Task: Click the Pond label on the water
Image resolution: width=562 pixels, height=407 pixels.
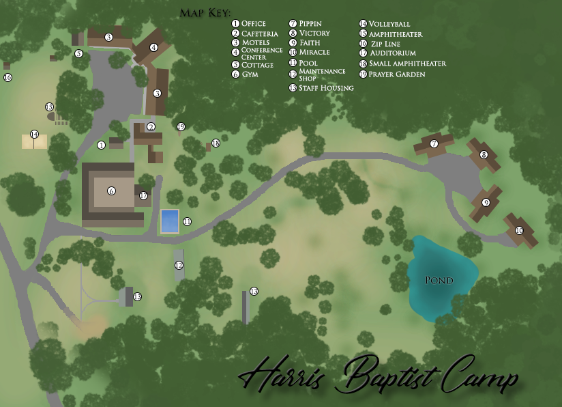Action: tap(439, 281)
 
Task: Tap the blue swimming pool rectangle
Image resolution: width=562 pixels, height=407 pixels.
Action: tap(170, 221)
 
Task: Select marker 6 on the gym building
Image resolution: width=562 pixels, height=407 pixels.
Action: tap(111, 191)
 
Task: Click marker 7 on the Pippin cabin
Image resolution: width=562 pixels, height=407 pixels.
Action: tap(434, 143)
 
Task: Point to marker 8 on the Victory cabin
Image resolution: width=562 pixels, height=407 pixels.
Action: tap(484, 155)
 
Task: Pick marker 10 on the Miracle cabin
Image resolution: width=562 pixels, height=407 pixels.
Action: tap(518, 230)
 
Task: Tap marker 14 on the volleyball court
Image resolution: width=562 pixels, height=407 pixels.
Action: tap(34, 134)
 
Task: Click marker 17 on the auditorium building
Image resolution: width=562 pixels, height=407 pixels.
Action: tap(143, 196)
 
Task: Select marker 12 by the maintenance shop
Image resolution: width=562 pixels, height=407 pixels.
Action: tap(179, 265)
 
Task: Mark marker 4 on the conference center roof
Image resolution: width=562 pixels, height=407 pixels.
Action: tap(153, 47)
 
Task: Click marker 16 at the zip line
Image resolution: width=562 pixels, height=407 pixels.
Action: tap(8, 77)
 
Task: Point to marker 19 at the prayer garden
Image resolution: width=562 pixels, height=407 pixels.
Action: tap(181, 126)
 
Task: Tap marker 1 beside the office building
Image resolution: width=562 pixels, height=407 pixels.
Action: tap(101, 145)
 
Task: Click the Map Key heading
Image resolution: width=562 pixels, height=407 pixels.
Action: tap(205, 12)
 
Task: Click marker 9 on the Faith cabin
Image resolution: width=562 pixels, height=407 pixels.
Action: tap(486, 202)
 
